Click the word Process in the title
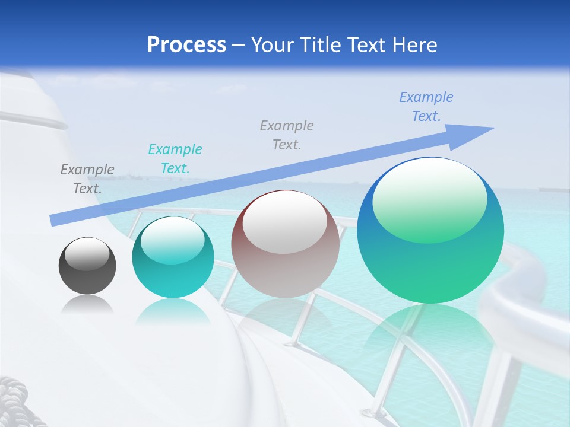point(186,45)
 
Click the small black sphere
point(87,266)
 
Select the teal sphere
point(173,257)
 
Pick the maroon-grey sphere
point(285,244)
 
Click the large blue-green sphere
point(430,231)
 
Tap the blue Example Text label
point(426,107)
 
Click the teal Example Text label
point(175,159)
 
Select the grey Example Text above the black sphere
point(87,179)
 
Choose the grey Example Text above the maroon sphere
point(287,135)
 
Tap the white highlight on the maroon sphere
point(285,222)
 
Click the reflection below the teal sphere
point(173,311)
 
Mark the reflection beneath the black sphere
point(87,304)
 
